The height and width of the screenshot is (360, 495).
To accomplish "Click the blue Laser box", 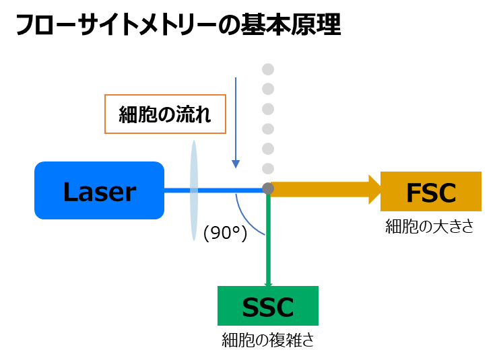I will [99, 190].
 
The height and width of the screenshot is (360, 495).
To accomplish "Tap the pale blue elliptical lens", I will [194, 190].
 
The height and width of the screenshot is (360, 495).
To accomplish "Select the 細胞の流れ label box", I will [165, 114].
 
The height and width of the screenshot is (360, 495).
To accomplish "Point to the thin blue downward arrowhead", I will [236, 164].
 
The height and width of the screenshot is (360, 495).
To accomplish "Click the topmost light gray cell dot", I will [268, 69].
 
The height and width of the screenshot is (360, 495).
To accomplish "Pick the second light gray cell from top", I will [268, 89].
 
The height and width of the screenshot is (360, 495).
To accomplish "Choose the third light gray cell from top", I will [268, 108].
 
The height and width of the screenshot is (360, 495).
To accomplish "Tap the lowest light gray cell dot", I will [268, 168].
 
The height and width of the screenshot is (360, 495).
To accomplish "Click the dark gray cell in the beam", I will [268, 188].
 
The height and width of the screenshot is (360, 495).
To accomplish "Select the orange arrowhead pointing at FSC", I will [375, 189].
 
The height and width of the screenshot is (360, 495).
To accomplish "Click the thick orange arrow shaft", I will [320, 189].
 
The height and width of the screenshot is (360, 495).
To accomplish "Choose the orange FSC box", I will [431, 192].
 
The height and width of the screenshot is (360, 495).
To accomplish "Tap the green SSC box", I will [268, 306].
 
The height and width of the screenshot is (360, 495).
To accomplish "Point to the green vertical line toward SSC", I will [268, 242].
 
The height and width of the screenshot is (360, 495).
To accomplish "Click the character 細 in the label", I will [128, 114].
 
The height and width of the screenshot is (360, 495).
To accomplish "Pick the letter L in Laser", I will [70, 192].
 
